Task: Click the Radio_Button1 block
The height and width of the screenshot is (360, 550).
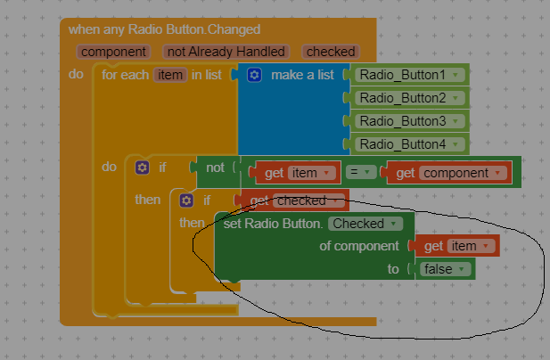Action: pos(409,75)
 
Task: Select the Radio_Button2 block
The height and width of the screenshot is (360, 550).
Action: pos(409,98)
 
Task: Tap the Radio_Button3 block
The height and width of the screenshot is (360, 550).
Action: pos(409,121)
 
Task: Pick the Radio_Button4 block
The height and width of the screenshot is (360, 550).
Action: pos(409,144)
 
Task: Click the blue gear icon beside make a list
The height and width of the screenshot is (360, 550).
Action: pos(254,75)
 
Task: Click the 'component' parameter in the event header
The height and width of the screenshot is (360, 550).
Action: pos(113,52)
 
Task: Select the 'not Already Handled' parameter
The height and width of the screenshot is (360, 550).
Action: pos(226,52)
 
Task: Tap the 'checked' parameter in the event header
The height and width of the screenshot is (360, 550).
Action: pos(331,52)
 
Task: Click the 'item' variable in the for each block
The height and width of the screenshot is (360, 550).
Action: pos(170,75)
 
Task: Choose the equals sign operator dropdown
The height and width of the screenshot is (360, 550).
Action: pos(361,172)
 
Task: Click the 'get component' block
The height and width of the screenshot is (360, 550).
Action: pos(448,173)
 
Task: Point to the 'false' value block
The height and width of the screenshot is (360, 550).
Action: pos(445,269)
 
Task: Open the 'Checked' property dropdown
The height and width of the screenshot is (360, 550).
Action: pos(365,224)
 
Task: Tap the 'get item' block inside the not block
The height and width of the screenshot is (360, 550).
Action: pos(297,173)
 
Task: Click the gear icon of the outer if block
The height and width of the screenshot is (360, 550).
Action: pos(142,168)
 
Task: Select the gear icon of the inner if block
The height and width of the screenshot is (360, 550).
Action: pos(186,200)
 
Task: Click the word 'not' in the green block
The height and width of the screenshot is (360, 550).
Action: pos(215,168)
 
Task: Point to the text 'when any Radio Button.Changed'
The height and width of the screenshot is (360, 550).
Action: pos(164,29)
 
